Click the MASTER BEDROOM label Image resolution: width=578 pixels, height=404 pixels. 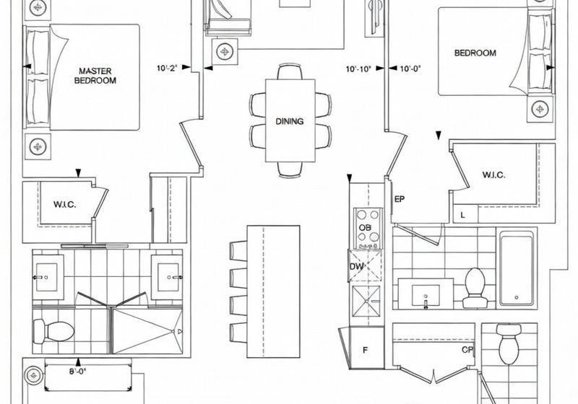pos(95,76)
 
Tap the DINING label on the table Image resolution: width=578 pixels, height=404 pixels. pos(290,121)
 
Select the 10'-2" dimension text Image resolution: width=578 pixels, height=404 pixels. pos(168,68)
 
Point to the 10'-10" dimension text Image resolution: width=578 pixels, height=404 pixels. pos(358,69)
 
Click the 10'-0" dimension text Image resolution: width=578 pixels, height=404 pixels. pos(410,68)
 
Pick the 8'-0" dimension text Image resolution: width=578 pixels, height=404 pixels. pos(78,372)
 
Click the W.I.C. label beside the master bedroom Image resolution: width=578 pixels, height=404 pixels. pos(65,205)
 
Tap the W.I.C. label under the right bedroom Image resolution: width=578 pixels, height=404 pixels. pos(493,175)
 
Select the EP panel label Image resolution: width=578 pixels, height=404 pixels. pos(400,199)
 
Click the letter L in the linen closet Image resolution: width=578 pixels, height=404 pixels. pos(462,215)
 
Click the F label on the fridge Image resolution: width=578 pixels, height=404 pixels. pos(365,351)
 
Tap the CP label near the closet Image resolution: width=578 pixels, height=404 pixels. pos(467,350)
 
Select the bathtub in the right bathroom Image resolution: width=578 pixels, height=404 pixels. pos(517,268)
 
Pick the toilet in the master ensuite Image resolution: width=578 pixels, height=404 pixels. pos(53,330)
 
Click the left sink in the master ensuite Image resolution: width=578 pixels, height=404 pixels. pos(46,277)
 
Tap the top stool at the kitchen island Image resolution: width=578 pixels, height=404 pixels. pos(238,250)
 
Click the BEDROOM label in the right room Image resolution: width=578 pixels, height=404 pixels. pos(475,53)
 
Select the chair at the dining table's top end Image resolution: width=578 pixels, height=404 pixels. pos(290,71)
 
